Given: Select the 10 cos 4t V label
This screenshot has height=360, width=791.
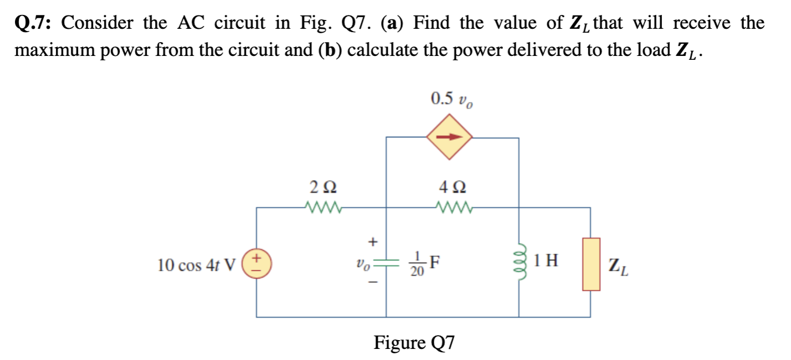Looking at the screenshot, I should (197, 265).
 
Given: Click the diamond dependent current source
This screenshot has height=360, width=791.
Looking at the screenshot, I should (449, 137).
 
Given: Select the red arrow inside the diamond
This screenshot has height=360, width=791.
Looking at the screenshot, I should (449, 137).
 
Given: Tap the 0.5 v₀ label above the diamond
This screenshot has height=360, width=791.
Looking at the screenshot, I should (451, 100).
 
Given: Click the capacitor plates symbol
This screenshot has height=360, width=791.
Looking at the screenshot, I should (386, 263).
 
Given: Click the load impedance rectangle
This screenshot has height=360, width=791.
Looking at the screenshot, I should (591, 264).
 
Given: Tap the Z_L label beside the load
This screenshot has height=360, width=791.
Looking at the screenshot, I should (618, 268).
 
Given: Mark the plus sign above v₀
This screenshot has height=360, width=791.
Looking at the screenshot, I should (373, 241).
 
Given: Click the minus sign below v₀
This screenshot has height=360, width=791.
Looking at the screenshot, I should (373, 282).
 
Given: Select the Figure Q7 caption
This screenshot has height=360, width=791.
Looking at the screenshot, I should (414, 342).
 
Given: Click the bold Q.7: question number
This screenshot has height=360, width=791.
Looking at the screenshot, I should (34, 23).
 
